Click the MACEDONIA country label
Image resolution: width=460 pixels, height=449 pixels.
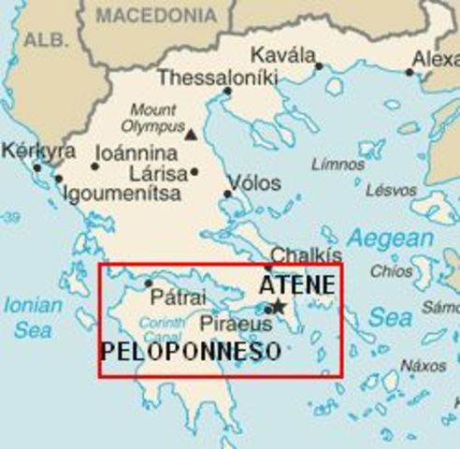155,14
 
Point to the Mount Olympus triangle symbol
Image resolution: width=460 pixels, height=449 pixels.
191,135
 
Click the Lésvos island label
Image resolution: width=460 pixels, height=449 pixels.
391,190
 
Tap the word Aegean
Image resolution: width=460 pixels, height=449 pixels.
392,239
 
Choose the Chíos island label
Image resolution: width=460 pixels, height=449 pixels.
391,271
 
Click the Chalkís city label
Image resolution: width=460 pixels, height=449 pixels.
306,255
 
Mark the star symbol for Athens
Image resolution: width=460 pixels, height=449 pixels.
278,306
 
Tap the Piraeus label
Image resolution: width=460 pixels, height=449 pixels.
236,325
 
